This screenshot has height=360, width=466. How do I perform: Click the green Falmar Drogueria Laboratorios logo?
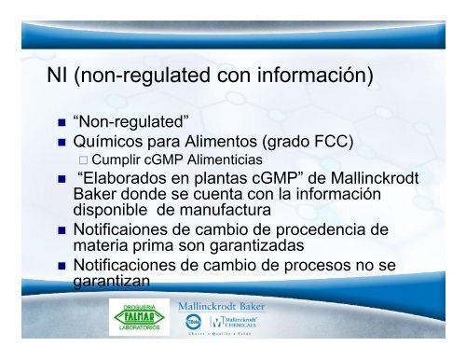137,325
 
